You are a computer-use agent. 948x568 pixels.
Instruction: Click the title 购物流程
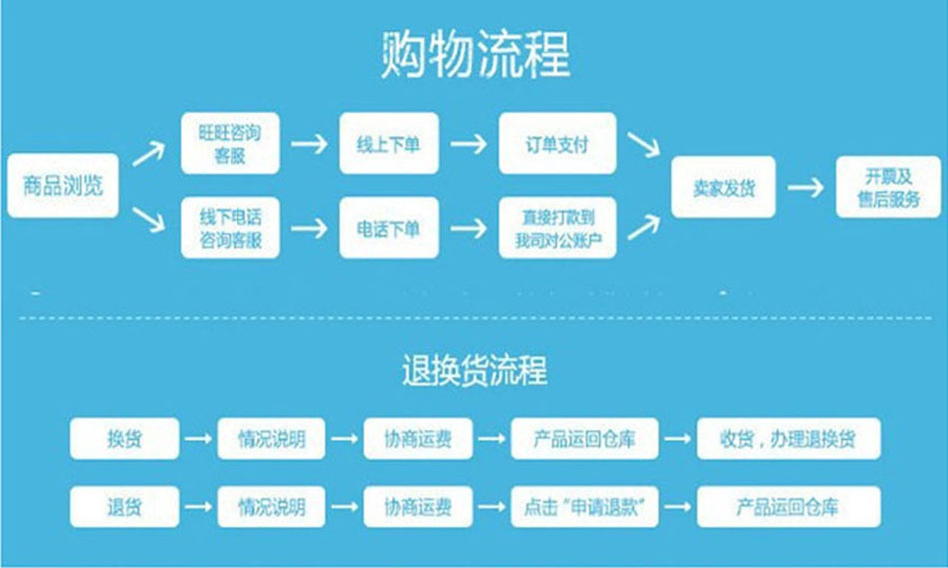475,55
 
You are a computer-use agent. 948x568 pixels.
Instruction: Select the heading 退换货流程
474,371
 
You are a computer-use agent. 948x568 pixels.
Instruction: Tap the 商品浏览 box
63,186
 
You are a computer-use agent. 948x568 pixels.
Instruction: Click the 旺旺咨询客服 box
231,144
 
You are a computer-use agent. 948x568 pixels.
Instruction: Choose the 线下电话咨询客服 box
231,229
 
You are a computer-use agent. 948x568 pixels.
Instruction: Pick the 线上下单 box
389,144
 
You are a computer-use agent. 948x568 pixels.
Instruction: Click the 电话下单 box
389,229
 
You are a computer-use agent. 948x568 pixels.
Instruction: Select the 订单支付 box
558,144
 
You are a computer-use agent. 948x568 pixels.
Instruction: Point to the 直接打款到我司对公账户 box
558,229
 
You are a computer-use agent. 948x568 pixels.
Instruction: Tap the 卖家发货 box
724,187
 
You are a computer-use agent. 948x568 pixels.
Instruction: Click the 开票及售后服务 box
888,187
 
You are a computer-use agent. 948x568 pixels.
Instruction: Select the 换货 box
125,438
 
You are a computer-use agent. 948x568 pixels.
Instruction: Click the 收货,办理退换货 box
788,438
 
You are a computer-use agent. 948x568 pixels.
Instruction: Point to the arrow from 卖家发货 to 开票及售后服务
805,187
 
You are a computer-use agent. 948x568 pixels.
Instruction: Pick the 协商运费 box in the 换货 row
418,438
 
